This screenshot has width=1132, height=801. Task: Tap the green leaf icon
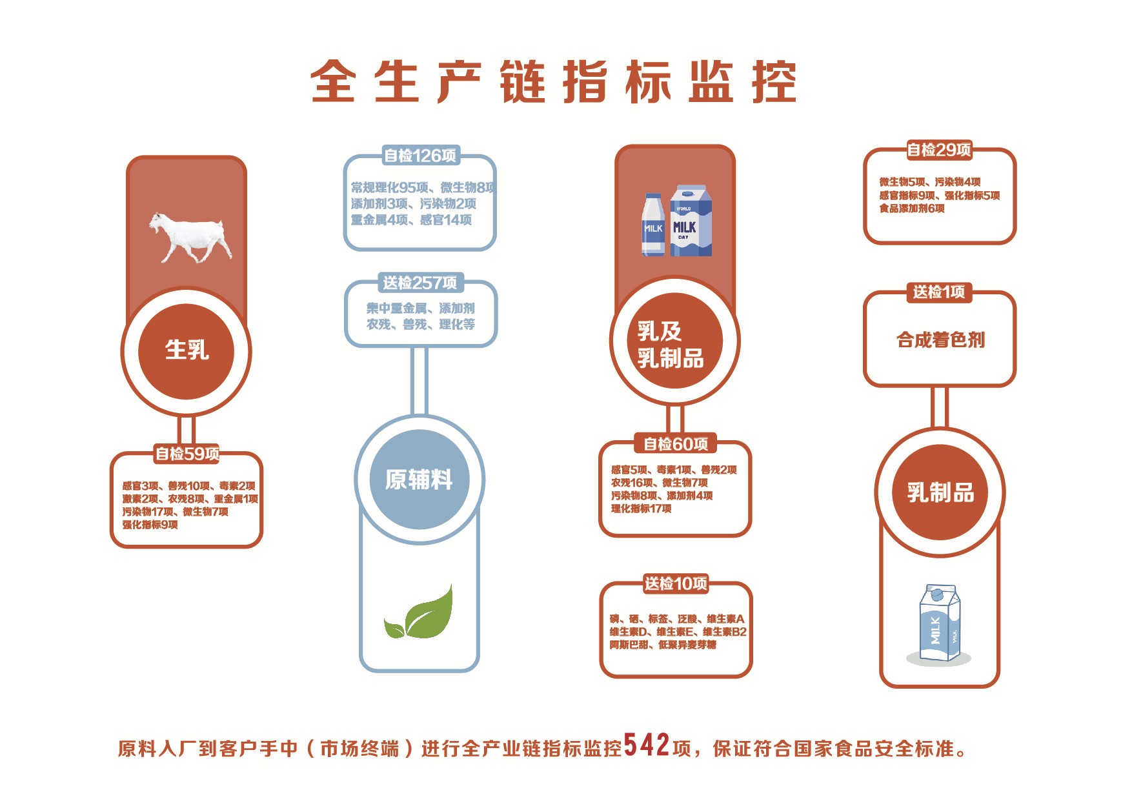tap(418, 613)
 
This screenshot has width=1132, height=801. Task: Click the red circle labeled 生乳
tap(187, 351)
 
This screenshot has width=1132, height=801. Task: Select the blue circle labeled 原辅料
tap(419, 479)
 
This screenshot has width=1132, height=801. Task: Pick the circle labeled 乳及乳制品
tap(674, 341)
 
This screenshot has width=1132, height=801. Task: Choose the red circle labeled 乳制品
tap(940, 492)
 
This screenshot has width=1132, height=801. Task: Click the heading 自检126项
tap(420, 156)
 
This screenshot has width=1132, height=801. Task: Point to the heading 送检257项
tap(420, 283)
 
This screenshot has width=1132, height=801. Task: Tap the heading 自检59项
tap(187, 453)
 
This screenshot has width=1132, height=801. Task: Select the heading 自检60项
tap(676, 444)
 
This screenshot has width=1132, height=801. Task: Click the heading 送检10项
tap(676, 583)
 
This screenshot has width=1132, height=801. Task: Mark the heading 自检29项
tap(939, 150)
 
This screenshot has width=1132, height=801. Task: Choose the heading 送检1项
tap(939, 292)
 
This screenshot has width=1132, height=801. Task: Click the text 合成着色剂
tap(940, 340)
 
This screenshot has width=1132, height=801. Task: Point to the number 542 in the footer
tap(647, 745)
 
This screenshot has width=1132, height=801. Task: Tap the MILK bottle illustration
tap(653, 225)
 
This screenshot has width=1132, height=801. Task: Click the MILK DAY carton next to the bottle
tap(691, 221)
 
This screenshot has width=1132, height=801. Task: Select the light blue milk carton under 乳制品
tap(939, 623)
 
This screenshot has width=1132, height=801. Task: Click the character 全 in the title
tap(334, 82)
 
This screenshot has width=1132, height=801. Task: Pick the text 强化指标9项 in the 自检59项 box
tap(150, 525)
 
